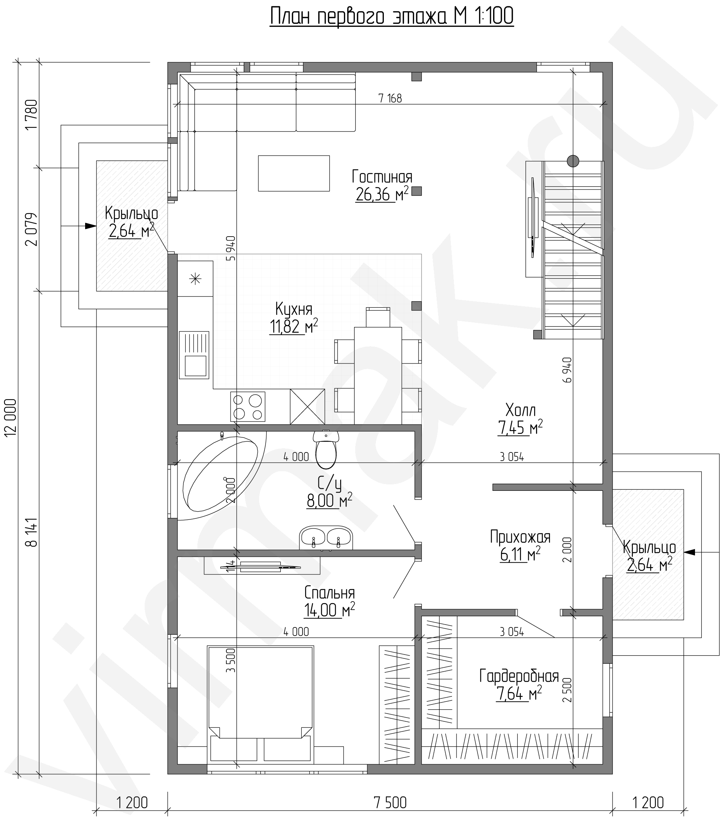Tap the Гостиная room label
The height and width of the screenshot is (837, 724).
tap(382, 177)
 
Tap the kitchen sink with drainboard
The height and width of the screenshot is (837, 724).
tap(194, 355)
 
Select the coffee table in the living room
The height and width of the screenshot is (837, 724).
tap(294, 173)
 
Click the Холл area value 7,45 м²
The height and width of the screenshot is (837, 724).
tap(520, 428)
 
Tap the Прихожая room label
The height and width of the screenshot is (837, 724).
tap(520, 538)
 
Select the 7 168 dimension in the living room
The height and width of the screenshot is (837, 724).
tap(390, 98)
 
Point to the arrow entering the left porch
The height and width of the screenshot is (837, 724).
tap(78, 226)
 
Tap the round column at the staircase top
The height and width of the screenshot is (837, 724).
tap(573, 161)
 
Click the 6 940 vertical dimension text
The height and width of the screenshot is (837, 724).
tap(567, 370)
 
